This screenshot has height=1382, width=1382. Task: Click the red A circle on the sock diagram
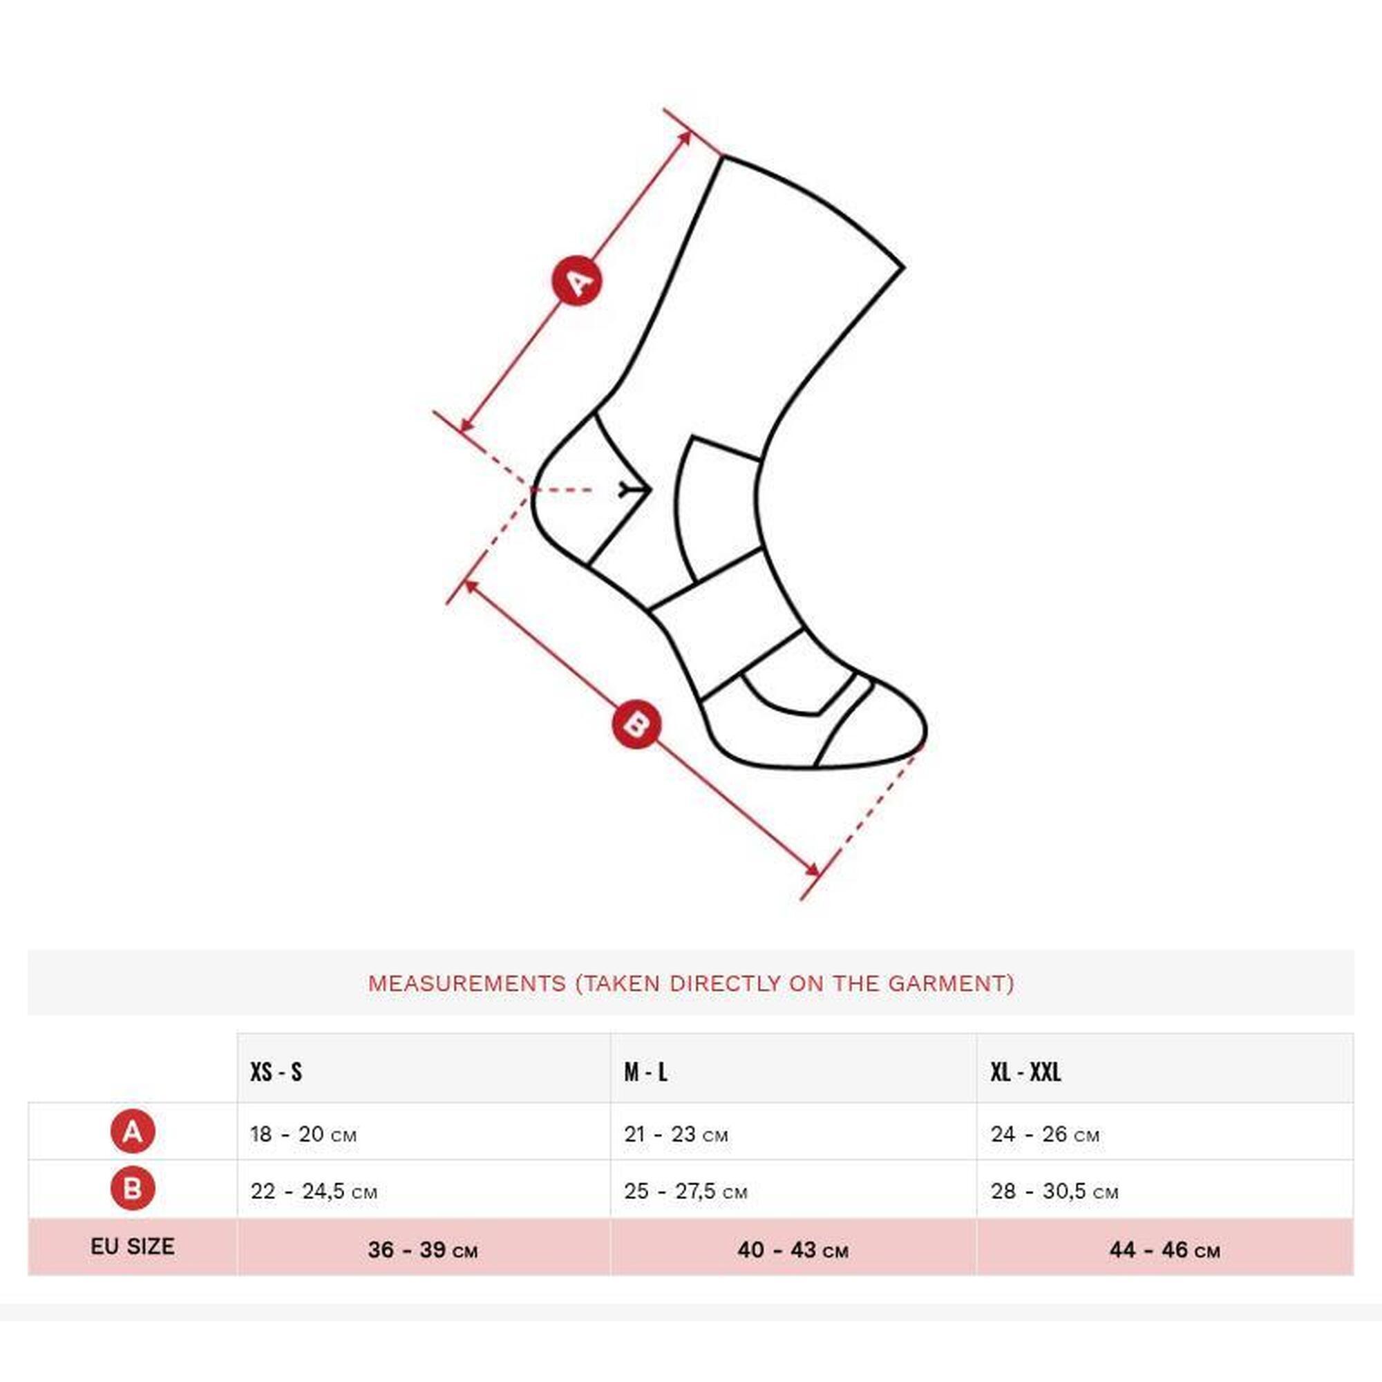tap(576, 280)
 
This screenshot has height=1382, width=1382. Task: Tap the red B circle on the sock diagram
tap(636, 724)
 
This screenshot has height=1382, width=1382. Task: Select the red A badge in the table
tap(133, 1132)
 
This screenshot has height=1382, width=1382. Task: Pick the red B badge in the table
tap(133, 1189)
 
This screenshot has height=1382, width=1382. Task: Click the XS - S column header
tap(276, 1072)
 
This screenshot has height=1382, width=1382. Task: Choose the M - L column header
tap(645, 1072)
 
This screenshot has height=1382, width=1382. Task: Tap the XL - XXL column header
tap(1025, 1072)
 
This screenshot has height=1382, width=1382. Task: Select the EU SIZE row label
tap(133, 1246)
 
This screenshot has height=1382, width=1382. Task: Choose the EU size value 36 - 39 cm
tap(423, 1249)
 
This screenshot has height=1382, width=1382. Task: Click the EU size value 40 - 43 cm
tap(793, 1249)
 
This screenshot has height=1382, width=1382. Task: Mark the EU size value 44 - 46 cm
tap(1164, 1249)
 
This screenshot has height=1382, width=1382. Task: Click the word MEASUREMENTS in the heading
tap(467, 983)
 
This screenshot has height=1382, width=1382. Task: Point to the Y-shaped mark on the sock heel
tap(632, 490)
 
